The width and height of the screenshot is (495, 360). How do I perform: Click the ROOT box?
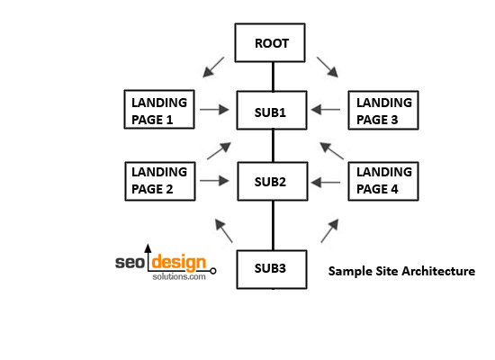click(270, 42)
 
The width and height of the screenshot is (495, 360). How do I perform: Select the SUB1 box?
click(272, 110)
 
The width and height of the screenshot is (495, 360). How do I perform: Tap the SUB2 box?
click(273, 181)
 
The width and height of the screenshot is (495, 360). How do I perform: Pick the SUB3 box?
click(272, 269)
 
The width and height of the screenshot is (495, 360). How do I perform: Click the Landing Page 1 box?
click(159, 109)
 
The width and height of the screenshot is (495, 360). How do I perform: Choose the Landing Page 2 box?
click(160, 181)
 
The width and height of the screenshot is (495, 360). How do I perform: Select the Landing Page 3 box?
click(383, 110)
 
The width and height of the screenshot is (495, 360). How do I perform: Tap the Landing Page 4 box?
click(383, 181)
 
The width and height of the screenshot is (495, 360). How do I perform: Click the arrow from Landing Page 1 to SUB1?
click(214, 110)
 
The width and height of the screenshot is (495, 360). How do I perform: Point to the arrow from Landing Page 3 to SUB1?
click(326, 110)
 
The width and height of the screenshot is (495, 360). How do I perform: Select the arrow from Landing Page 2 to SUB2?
click(214, 181)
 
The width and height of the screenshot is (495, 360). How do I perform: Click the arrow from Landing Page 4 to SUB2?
click(326, 182)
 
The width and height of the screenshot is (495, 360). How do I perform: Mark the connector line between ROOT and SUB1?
click(273, 76)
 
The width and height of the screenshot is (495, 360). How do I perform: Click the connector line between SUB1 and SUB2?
click(273, 146)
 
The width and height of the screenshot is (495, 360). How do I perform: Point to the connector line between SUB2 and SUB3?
click(273, 226)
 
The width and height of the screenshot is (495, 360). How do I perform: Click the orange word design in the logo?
click(179, 263)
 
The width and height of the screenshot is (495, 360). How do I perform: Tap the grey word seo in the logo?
click(130, 263)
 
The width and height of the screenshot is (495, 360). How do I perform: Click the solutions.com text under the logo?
click(179, 276)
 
